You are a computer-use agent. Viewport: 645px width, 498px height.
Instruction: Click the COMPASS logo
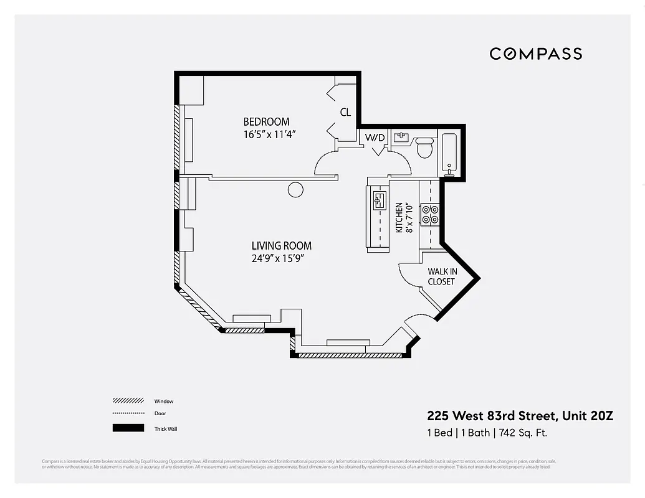pyautogui.click(x=535, y=54)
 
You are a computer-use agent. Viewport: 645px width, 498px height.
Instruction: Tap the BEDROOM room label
pyautogui.click(x=266, y=122)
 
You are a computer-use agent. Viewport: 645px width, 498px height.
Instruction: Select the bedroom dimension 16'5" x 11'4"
pyautogui.click(x=269, y=134)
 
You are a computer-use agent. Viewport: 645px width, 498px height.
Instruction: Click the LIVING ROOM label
pyautogui.click(x=281, y=246)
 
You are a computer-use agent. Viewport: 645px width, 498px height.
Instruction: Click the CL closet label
pyautogui.click(x=345, y=113)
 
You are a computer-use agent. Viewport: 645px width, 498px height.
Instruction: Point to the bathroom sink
pyautogui.click(x=401, y=138)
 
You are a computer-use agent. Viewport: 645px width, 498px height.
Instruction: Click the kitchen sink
pyautogui.click(x=379, y=200)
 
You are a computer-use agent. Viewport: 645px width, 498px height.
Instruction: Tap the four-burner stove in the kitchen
pyautogui.click(x=430, y=214)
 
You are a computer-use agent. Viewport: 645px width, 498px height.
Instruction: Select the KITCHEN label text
pyautogui.click(x=399, y=218)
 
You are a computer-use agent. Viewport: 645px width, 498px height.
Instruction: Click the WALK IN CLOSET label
pyautogui.click(x=441, y=276)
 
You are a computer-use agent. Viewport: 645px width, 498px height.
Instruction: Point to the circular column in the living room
pyautogui.click(x=296, y=190)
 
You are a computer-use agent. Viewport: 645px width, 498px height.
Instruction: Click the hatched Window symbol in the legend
pyautogui.click(x=128, y=401)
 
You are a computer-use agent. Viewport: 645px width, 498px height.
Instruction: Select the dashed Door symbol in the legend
pyautogui.click(x=128, y=413)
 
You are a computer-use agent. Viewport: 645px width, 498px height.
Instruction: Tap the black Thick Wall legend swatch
pyautogui.click(x=128, y=428)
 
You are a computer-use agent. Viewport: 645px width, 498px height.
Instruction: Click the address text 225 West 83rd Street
pyautogui.click(x=492, y=416)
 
